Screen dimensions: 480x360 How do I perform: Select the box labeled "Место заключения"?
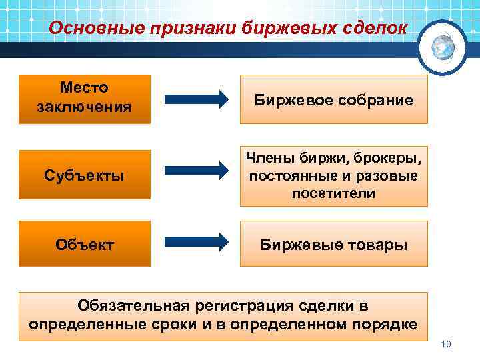(x=85, y=98)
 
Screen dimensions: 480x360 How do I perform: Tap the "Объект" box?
(x=85, y=244)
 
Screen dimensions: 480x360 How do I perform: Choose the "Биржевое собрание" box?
(x=333, y=100)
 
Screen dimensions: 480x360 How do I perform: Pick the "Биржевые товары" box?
(x=333, y=244)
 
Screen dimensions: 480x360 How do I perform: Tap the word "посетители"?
(x=333, y=194)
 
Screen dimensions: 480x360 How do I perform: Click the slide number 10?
(x=446, y=344)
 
